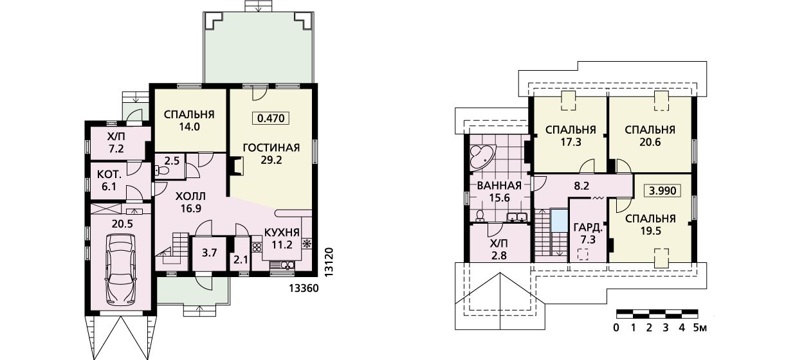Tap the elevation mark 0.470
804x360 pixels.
tap(271, 118)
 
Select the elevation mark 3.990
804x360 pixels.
tap(662, 190)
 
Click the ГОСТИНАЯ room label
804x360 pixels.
tap(271, 148)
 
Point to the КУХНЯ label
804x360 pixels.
tap(282, 232)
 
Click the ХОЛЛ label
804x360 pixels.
tap(190, 197)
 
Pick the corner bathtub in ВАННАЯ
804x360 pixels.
tap(482, 157)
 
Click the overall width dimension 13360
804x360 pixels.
tap(304, 288)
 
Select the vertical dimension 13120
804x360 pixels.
tap(329, 262)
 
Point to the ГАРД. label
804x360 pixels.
tap(588, 228)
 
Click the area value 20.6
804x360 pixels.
tap(650, 142)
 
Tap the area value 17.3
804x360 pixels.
tap(571, 142)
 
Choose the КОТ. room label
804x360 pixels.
tap(109, 175)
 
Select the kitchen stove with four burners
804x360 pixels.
tap(257, 247)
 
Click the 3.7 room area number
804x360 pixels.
tap(209, 253)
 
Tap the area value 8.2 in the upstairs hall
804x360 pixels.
tap(582, 186)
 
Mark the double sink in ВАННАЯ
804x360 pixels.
tap(517, 217)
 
